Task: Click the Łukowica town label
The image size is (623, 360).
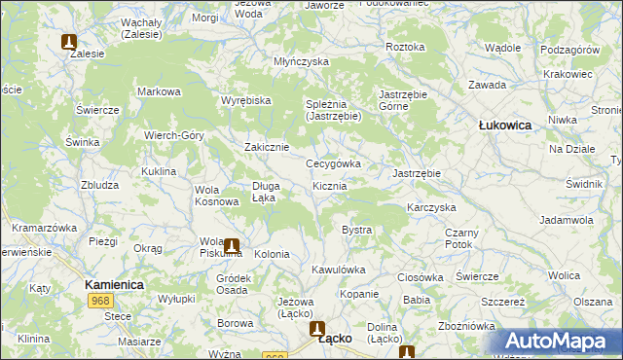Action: (504, 126)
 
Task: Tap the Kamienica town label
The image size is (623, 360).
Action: (115, 284)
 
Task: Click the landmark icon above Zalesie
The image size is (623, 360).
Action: (69, 42)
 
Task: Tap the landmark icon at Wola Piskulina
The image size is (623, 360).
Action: (232, 246)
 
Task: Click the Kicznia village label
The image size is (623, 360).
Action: (330, 186)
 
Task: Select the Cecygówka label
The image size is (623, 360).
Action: (333, 164)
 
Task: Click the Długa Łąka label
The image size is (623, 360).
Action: (265, 191)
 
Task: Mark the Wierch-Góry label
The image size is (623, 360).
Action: (173, 135)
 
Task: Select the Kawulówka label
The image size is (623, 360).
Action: (338, 270)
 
